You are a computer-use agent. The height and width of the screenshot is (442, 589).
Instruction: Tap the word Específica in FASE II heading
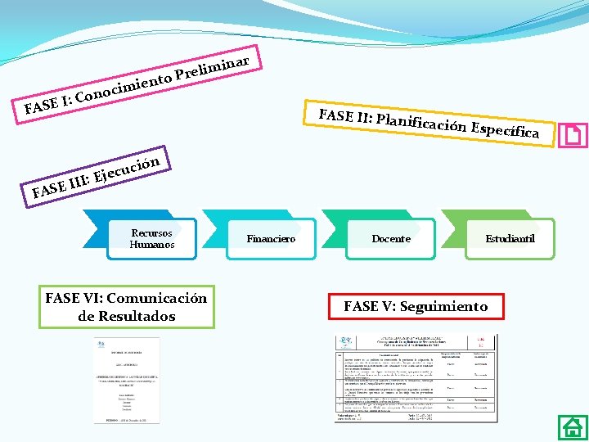tap(505, 130)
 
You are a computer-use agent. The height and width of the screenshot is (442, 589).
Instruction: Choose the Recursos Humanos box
tap(152, 238)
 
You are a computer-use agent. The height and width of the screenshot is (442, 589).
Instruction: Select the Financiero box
tap(271, 238)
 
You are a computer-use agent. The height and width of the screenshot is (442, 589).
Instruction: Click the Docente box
tap(391, 238)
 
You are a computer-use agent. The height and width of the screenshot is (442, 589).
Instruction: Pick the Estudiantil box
tap(510, 238)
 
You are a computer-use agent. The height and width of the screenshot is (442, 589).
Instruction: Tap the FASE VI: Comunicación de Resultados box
tap(127, 307)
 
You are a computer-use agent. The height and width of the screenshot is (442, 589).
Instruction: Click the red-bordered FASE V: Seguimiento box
tap(416, 306)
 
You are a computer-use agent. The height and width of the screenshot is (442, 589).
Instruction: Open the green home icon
tap(571, 427)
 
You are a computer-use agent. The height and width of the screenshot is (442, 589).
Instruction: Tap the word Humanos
tap(152, 245)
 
